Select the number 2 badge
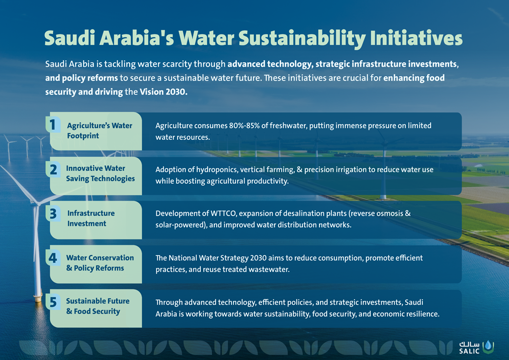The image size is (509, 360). (x=53, y=169)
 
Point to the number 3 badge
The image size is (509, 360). (x=53, y=214)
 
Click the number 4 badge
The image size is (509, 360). (x=53, y=258)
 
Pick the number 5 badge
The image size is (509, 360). (x=53, y=302)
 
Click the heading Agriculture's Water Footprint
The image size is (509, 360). (x=100, y=131)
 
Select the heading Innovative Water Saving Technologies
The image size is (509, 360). (x=100, y=173)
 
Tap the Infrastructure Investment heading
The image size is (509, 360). (x=91, y=218)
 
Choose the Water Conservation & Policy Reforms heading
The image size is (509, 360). (x=100, y=263)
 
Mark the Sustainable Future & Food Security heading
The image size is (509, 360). (x=98, y=306)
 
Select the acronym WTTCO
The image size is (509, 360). (x=223, y=214)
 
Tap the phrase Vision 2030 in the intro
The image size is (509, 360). (x=163, y=92)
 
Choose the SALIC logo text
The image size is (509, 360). (x=469, y=348)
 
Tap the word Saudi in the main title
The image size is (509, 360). (x=69, y=38)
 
